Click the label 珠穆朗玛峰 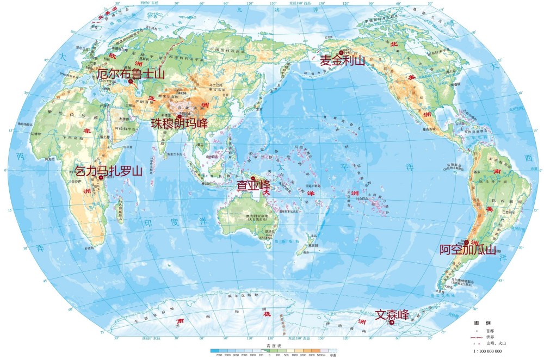click(179, 123)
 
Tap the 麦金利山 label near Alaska click(342, 61)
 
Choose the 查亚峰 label click(253, 186)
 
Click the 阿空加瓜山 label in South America click(468, 250)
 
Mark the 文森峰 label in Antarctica click(392, 315)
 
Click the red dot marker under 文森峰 click(391, 323)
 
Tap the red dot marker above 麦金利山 click(342, 52)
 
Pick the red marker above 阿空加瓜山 click(466, 242)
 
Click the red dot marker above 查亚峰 click(253, 178)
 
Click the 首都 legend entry click(490, 330)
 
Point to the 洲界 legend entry click(490, 337)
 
